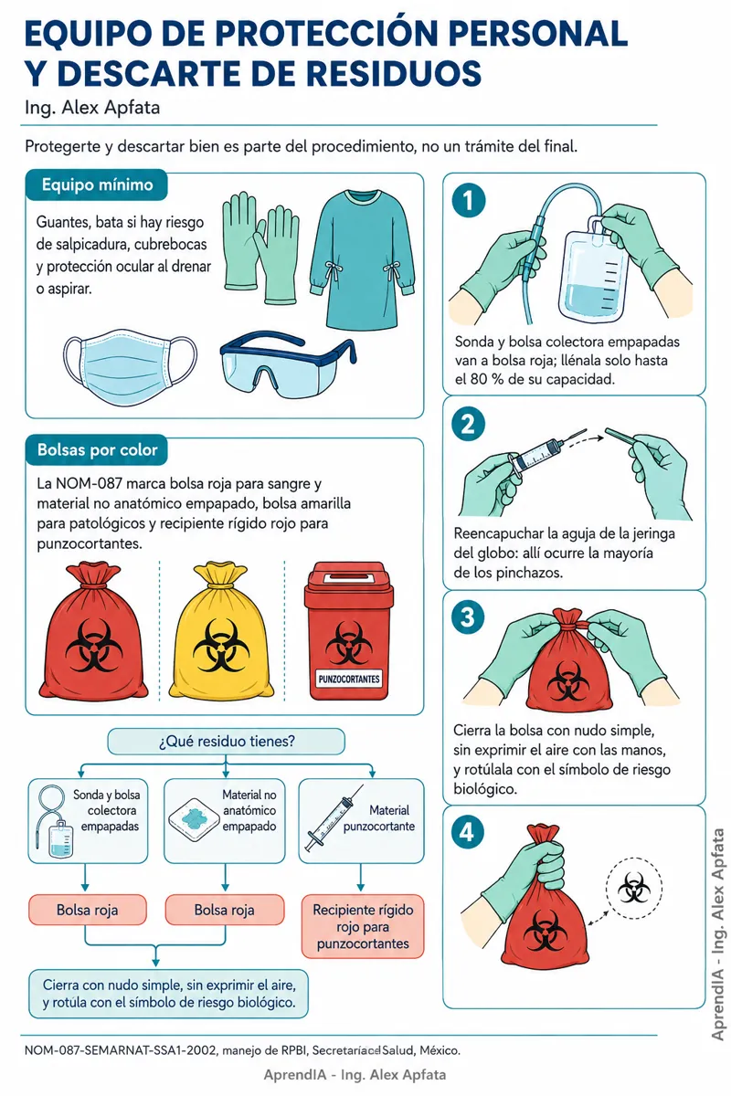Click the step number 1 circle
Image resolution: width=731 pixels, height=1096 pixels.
point(469,200)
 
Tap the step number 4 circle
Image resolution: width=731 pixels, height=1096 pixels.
point(468,832)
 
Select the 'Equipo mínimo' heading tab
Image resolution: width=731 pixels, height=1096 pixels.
point(97,184)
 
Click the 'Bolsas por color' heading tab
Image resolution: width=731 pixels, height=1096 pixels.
point(97,449)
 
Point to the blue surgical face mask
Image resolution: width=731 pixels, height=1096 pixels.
point(131,367)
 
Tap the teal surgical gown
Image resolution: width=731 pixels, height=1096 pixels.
point(363,258)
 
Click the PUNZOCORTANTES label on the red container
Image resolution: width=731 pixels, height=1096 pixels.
point(349,680)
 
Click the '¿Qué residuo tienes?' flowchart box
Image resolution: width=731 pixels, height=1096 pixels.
point(227,742)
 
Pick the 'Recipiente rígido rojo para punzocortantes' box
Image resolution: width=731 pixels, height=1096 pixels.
point(363,927)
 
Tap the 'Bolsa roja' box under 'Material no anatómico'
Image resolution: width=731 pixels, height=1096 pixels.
point(225,910)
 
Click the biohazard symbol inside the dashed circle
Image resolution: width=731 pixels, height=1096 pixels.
point(634,889)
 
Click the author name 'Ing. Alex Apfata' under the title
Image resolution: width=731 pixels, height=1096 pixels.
point(92,108)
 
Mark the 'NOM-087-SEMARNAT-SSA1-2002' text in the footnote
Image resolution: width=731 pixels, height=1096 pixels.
point(121,1050)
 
